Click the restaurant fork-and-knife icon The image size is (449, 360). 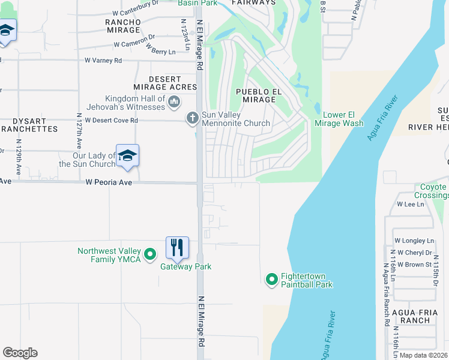click(x=177, y=247)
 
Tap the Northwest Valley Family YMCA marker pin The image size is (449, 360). click(x=150, y=254)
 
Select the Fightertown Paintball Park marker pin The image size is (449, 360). click(x=271, y=279)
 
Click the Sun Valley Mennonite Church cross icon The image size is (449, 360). click(x=193, y=118)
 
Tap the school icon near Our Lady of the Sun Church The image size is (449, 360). click(x=127, y=156)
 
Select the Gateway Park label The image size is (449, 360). click(x=185, y=266)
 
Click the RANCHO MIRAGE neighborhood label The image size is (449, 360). click(x=123, y=26)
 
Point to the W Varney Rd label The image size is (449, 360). click(x=103, y=61)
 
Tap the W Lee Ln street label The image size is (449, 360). click(x=410, y=204)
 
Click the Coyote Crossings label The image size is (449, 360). click(x=431, y=191)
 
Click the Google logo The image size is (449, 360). click(x=20, y=352)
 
